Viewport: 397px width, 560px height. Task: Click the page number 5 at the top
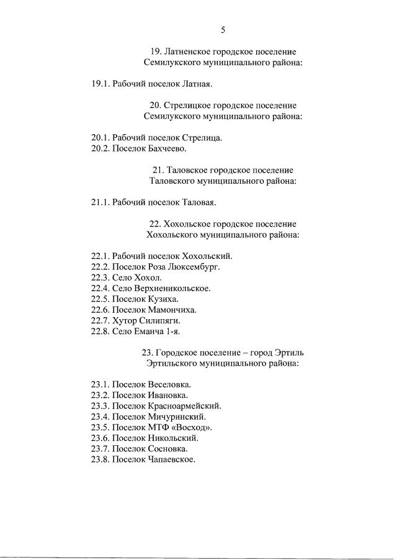[223, 29]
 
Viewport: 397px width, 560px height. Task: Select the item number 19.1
[100, 83]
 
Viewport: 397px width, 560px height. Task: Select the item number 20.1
[100, 138]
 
